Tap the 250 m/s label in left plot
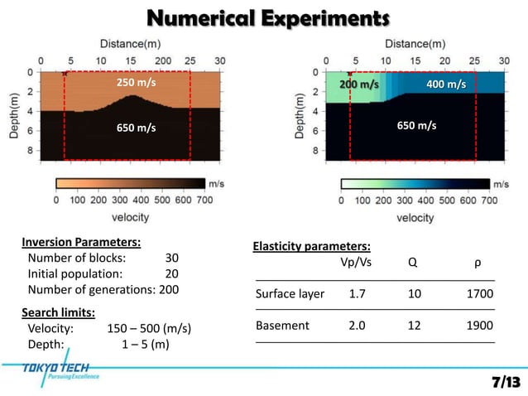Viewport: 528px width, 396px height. pyautogui.click(x=136, y=84)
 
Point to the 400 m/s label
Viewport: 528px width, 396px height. pyautogui.click(x=445, y=85)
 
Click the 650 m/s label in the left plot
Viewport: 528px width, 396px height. pyautogui.click(x=136, y=128)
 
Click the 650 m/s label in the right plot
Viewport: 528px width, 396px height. pyautogui.click(x=417, y=125)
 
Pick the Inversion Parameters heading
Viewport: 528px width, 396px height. pyautogui.click(x=79, y=243)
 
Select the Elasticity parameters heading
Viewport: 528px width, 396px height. pyautogui.click(x=310, y=247)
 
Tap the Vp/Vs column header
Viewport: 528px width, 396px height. pyautogui.click(x=356, y=263)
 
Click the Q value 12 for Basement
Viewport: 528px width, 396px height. pyautogui.click(x=415, y=326)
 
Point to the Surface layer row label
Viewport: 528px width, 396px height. pyautogui.click(x=290, y=293)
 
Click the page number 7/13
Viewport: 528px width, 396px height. pyautogui.click(x=506, y=382)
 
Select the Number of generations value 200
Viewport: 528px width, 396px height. pyautogui.click(x=169, y=290)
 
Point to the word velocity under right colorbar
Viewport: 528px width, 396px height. pyautogui.click(x=415, y=218)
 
